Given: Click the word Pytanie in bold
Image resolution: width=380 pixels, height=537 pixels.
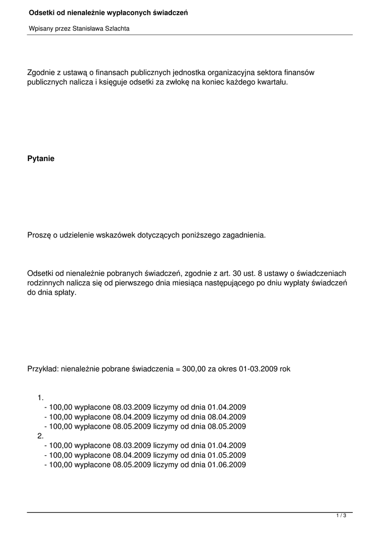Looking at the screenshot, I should coord(41,158).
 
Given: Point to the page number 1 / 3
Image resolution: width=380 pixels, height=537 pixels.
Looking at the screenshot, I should coord(341,516).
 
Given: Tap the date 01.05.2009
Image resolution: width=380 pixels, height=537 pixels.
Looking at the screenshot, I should coord(226,455).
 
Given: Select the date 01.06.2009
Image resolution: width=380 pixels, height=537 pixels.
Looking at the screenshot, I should coord(226,464).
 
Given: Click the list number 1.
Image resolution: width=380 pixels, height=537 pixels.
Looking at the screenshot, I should coord(40,398).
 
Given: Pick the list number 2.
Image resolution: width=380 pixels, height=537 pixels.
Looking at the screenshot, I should coord(40,436).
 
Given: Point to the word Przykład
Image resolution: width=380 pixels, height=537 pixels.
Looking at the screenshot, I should coord(43,369).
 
